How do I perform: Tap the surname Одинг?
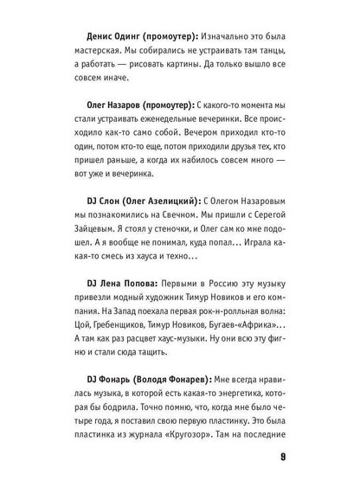point(142,37)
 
